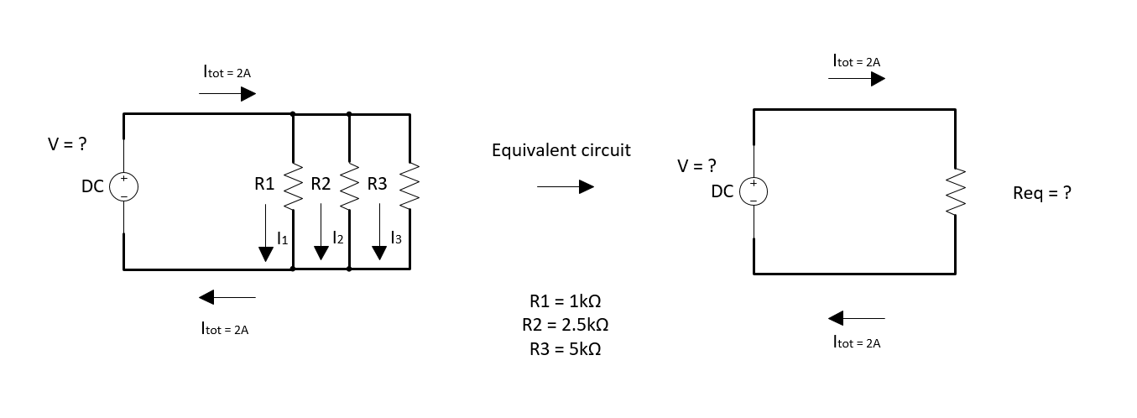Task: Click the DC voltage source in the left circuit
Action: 123,186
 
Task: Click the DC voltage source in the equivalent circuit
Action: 754,191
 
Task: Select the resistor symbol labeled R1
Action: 292,186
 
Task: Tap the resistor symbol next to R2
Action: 349,186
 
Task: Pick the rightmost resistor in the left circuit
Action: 409,186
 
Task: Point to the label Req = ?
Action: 1042,193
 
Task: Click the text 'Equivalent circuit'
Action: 561,150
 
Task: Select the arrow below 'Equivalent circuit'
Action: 565,187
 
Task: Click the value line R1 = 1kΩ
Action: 566,301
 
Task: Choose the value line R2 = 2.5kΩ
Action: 566,325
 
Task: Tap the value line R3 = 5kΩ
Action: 566,348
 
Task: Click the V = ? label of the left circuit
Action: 67,144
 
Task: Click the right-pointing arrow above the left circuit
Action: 227,94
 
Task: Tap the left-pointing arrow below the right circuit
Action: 857,318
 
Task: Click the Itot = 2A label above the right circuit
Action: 857,61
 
